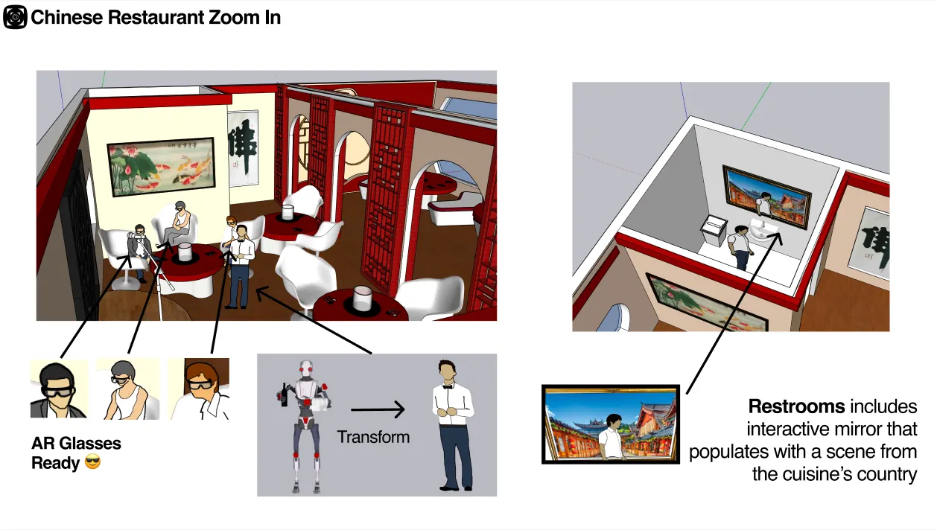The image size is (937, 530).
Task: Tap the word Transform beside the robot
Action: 373,437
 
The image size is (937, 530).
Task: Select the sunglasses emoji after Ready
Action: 93,463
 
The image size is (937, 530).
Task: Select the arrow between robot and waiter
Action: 378,409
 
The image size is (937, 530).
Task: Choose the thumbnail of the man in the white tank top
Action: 128,389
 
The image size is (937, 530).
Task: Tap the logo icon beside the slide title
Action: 15,17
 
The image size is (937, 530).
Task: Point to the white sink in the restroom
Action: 764,233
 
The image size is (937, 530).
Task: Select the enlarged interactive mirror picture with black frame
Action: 610,424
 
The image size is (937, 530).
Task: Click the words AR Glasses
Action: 76,444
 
